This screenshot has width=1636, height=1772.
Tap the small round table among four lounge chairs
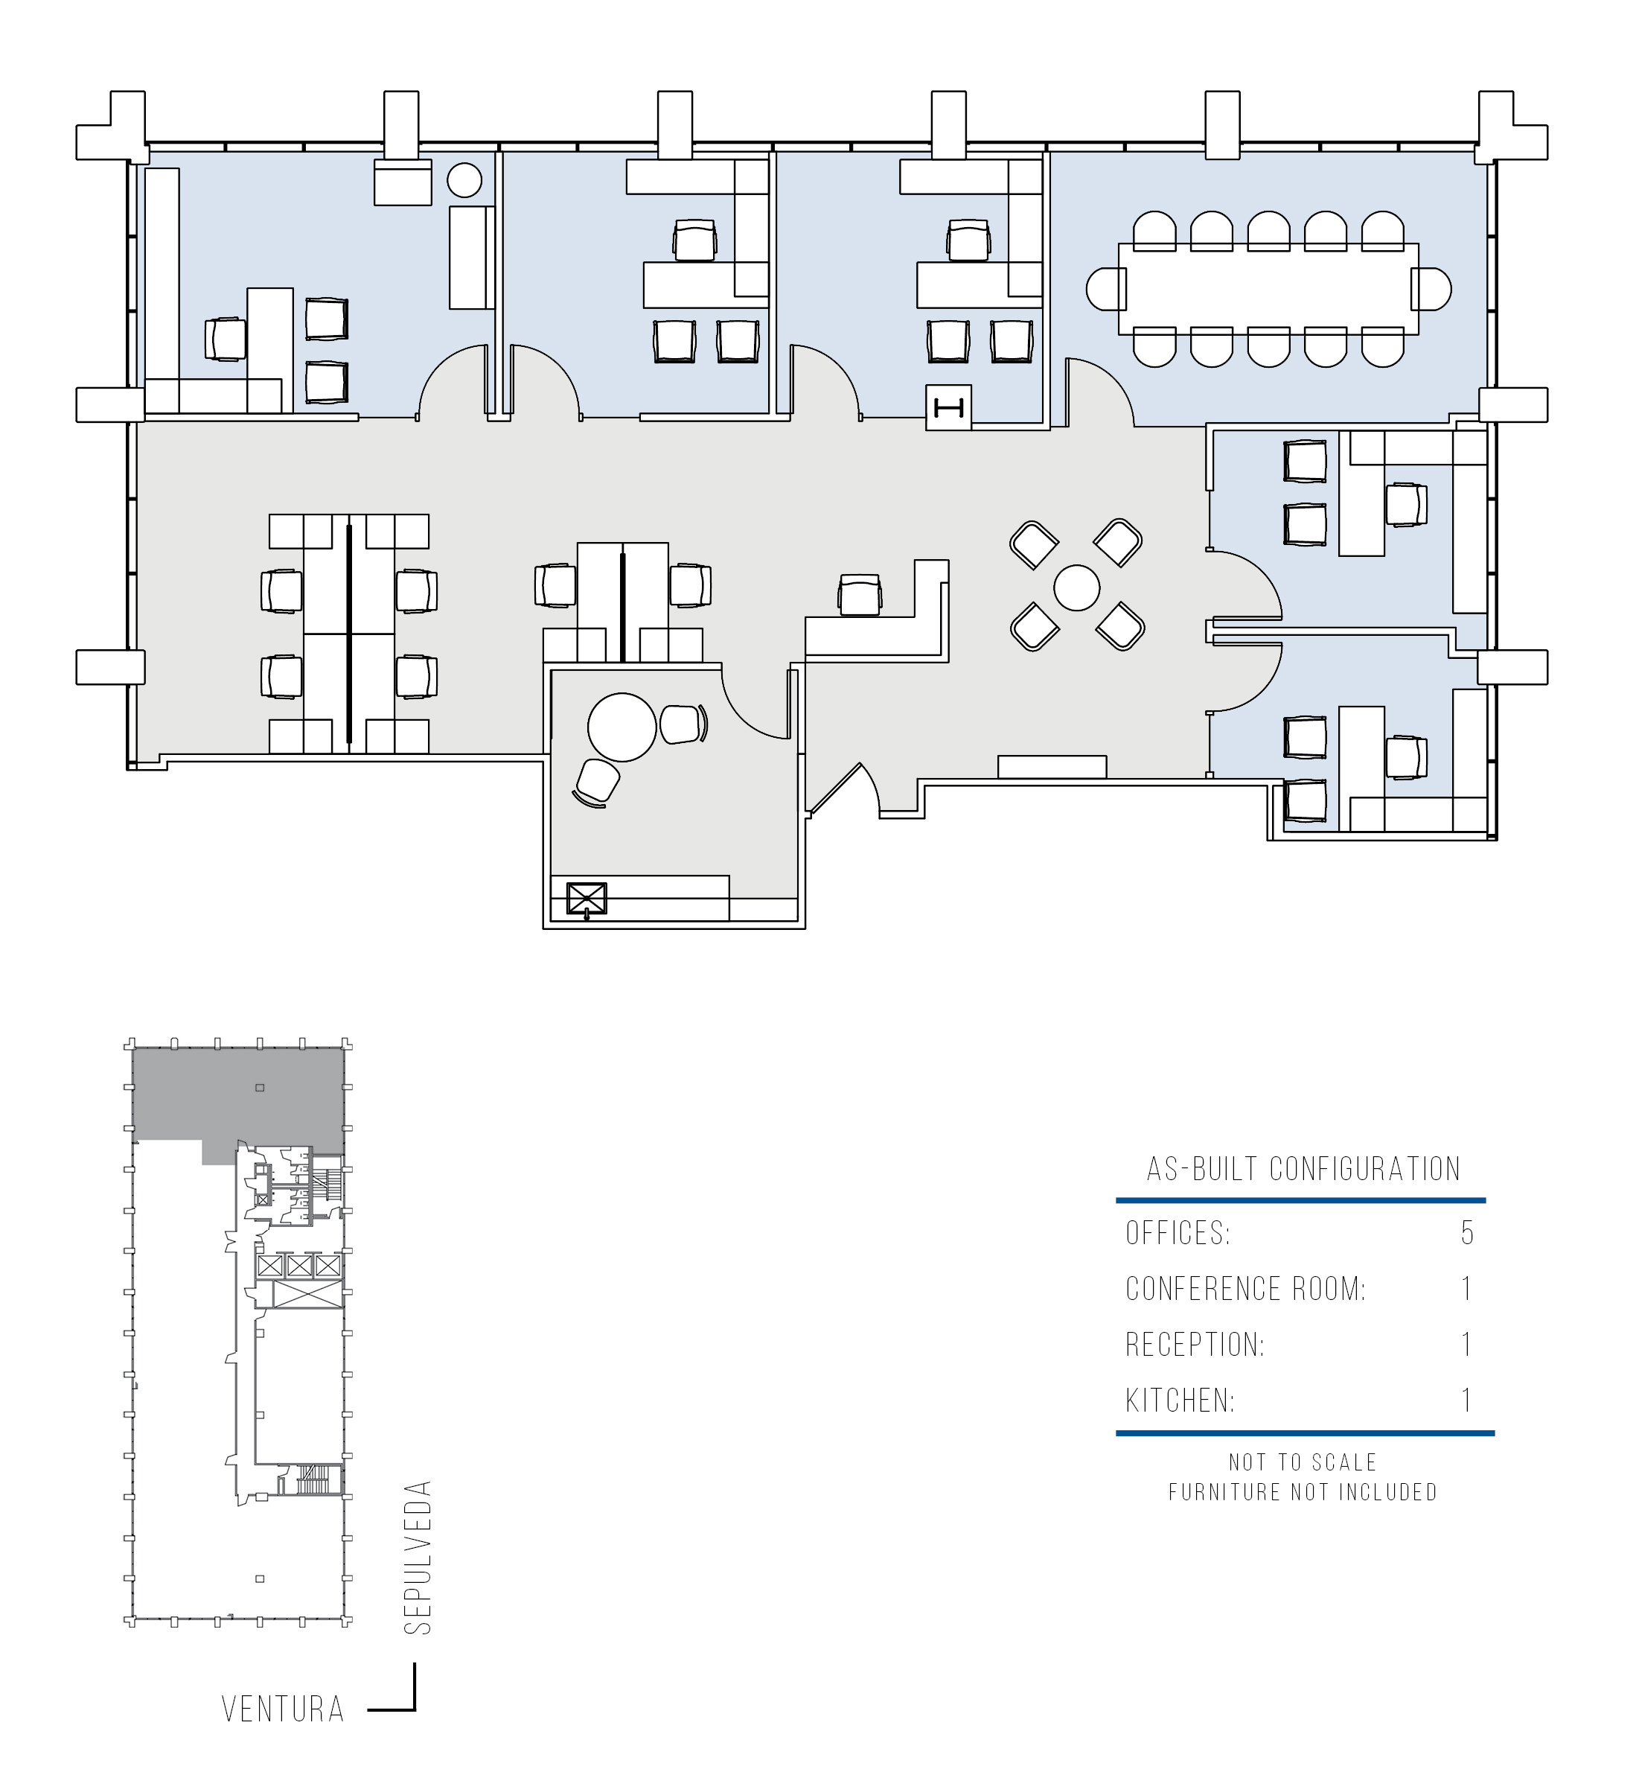tap(1076, 587)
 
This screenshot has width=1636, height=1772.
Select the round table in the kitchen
tap(622, 727)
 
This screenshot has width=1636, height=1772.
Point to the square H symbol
tap(948, 408)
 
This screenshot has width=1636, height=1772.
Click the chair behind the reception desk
tap(860, 595)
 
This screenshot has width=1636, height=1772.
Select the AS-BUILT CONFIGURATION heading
tap(1303, 1169)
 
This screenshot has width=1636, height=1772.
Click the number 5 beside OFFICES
tap(1467, 1233)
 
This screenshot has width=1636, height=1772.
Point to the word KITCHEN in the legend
tap(1180, 1400)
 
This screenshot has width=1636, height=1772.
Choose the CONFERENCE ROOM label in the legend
tap(1245, 1289)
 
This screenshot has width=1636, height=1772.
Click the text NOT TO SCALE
tap(1303, 1462)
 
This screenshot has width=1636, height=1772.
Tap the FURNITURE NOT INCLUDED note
tap(1303, 1492)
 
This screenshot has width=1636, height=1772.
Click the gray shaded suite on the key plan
tap(239, 1098)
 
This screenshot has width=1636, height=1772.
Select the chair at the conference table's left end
tap(1106, 290)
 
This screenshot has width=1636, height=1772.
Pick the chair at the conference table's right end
tap(1431, 290)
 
